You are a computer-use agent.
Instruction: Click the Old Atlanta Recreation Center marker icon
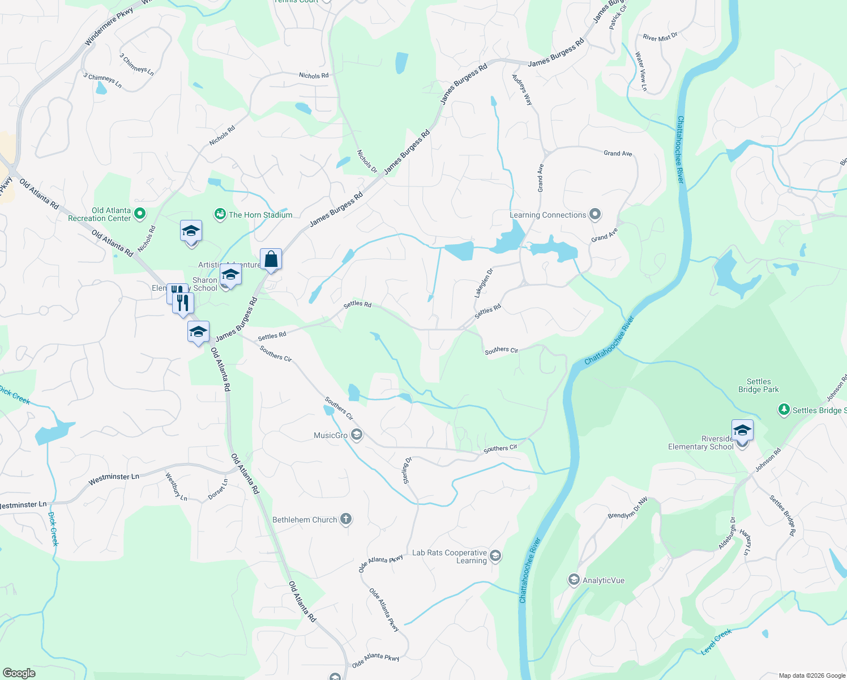click(140, 214)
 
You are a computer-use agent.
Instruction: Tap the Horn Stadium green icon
click(220, 214)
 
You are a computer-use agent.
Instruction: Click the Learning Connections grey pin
click(594, 214)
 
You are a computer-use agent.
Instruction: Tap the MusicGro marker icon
click(356, 435)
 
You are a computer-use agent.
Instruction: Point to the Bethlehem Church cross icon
click(345, 519)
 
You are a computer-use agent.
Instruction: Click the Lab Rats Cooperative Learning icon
click(495, 556)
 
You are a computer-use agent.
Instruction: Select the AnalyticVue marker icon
click(574, 580)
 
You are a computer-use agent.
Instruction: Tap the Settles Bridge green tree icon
click(784, 410)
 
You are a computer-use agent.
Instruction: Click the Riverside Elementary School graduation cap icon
click(742, 431)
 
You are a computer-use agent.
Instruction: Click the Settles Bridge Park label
click(759, 385)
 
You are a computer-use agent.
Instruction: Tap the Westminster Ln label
click(114, 479)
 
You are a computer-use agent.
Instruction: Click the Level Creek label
click(716, 642)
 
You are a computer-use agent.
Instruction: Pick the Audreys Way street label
click(522, 90)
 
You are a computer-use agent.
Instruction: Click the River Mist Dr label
click(660, 37)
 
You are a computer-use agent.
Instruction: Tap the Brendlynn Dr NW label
click(627, 508)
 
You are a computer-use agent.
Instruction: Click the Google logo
click(19, 673)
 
